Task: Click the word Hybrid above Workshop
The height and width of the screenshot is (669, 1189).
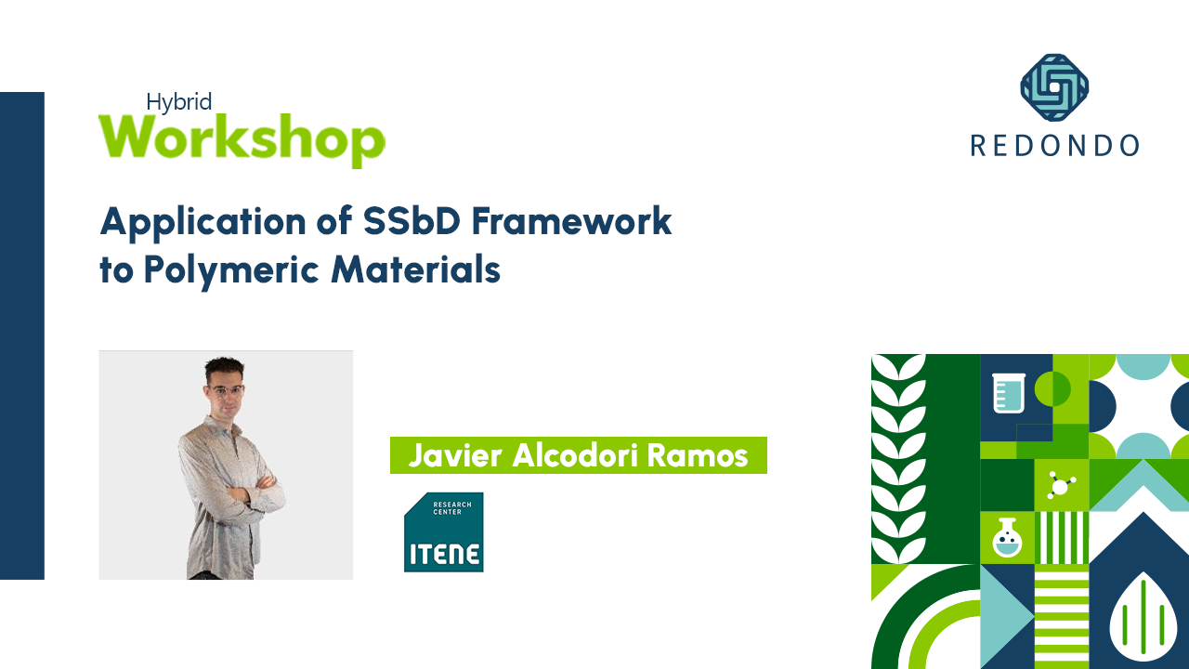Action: click(x=179, y=102)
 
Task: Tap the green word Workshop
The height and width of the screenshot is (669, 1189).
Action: click(x=242, y=139)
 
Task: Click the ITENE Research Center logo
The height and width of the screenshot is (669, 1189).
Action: click(x=443, y=532)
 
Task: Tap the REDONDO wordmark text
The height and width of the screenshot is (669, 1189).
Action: click(x=1054, y=145)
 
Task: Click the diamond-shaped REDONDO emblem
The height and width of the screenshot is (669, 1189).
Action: click(x=1054, y=88)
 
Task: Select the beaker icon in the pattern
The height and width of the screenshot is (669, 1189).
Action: click(x=1008, y=391)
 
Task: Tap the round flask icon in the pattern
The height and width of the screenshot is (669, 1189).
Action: click(x=1007, y=538)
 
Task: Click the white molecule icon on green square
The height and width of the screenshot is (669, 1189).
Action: click(x=1061, y=485)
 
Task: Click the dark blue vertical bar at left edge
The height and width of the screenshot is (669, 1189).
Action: click(x=22, y=334)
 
